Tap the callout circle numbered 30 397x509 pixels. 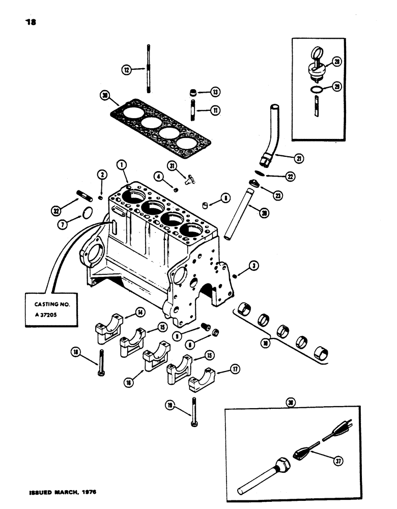105,95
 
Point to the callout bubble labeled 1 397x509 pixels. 121,164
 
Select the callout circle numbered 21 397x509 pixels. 299,159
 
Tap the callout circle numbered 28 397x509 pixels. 350,62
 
